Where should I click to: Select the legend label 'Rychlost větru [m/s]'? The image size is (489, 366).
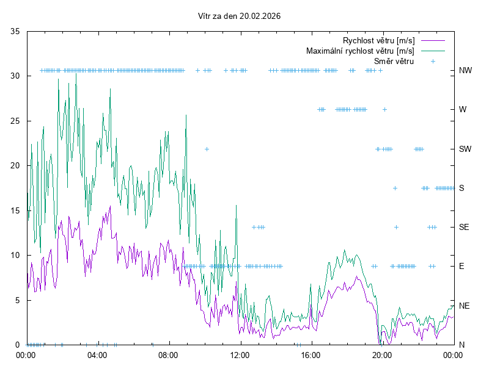point(378,40)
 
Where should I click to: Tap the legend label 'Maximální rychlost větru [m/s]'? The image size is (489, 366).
point(360,51)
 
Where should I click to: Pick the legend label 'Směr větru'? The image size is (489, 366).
point(394,61)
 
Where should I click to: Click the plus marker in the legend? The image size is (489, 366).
point(433,61)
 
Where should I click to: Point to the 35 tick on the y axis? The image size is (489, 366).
point(16,31)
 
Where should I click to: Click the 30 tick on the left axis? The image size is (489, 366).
point(16,76)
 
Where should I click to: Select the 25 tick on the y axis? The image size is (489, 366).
point(16,121)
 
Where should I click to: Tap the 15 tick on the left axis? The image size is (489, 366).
point(16,210)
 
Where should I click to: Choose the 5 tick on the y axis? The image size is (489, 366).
point(18,300)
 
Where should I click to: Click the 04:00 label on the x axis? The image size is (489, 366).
point(97,354)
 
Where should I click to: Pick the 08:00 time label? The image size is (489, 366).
point(168,354)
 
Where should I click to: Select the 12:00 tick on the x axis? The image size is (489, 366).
point(240,354)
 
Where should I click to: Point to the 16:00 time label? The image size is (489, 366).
point(311,354)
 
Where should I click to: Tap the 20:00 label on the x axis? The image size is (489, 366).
point(381,354)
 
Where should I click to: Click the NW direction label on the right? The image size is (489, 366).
point(465,71)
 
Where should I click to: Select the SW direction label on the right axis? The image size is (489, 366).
point(465,149)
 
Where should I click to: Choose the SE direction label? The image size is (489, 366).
point(464,227)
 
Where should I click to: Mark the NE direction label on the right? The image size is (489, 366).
point(464,305)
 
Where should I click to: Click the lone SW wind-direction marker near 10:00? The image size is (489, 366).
point(207,149)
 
